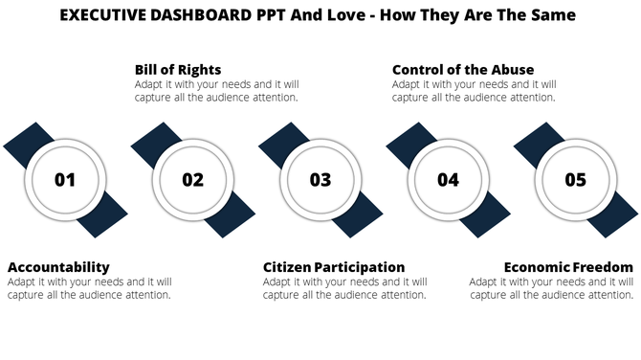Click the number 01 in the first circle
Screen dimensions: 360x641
tap(65, 180)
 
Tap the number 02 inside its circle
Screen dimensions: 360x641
tap(193, 180)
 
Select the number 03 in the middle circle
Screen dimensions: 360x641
tap(320, 180)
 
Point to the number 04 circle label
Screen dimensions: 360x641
tap(448, 180)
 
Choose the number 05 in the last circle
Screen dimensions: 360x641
tap(575, 180)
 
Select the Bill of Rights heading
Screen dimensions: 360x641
tap(178, 70)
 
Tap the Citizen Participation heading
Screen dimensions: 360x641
tap(334, 266)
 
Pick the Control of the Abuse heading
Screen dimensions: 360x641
tap(463, 70)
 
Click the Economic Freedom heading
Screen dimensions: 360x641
tap(568, 266)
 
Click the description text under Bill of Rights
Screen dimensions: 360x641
tap(216, 90)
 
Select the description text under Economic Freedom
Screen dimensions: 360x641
tap(551, 288)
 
